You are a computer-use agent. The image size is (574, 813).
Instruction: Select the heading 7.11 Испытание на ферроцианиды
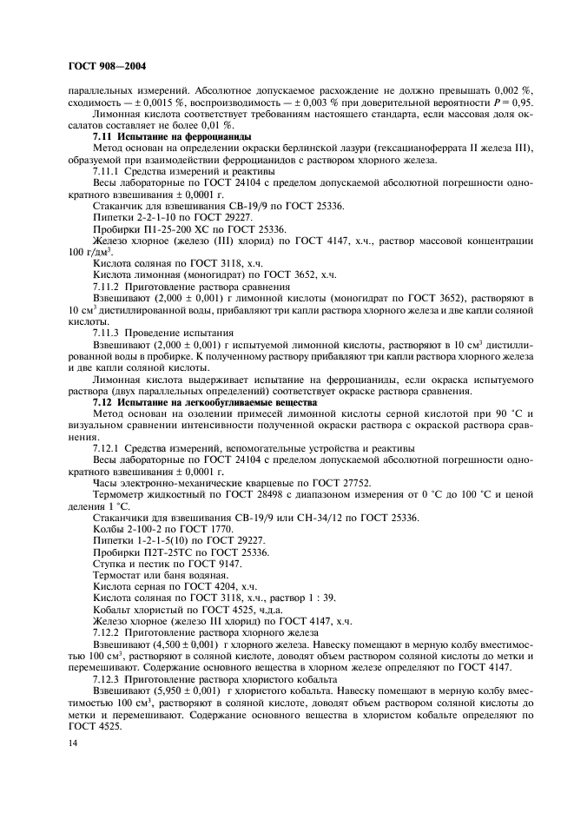[172, 137]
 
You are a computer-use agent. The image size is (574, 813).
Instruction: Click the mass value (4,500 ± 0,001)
[178, 646]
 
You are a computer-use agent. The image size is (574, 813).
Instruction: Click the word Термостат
[121, 575]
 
